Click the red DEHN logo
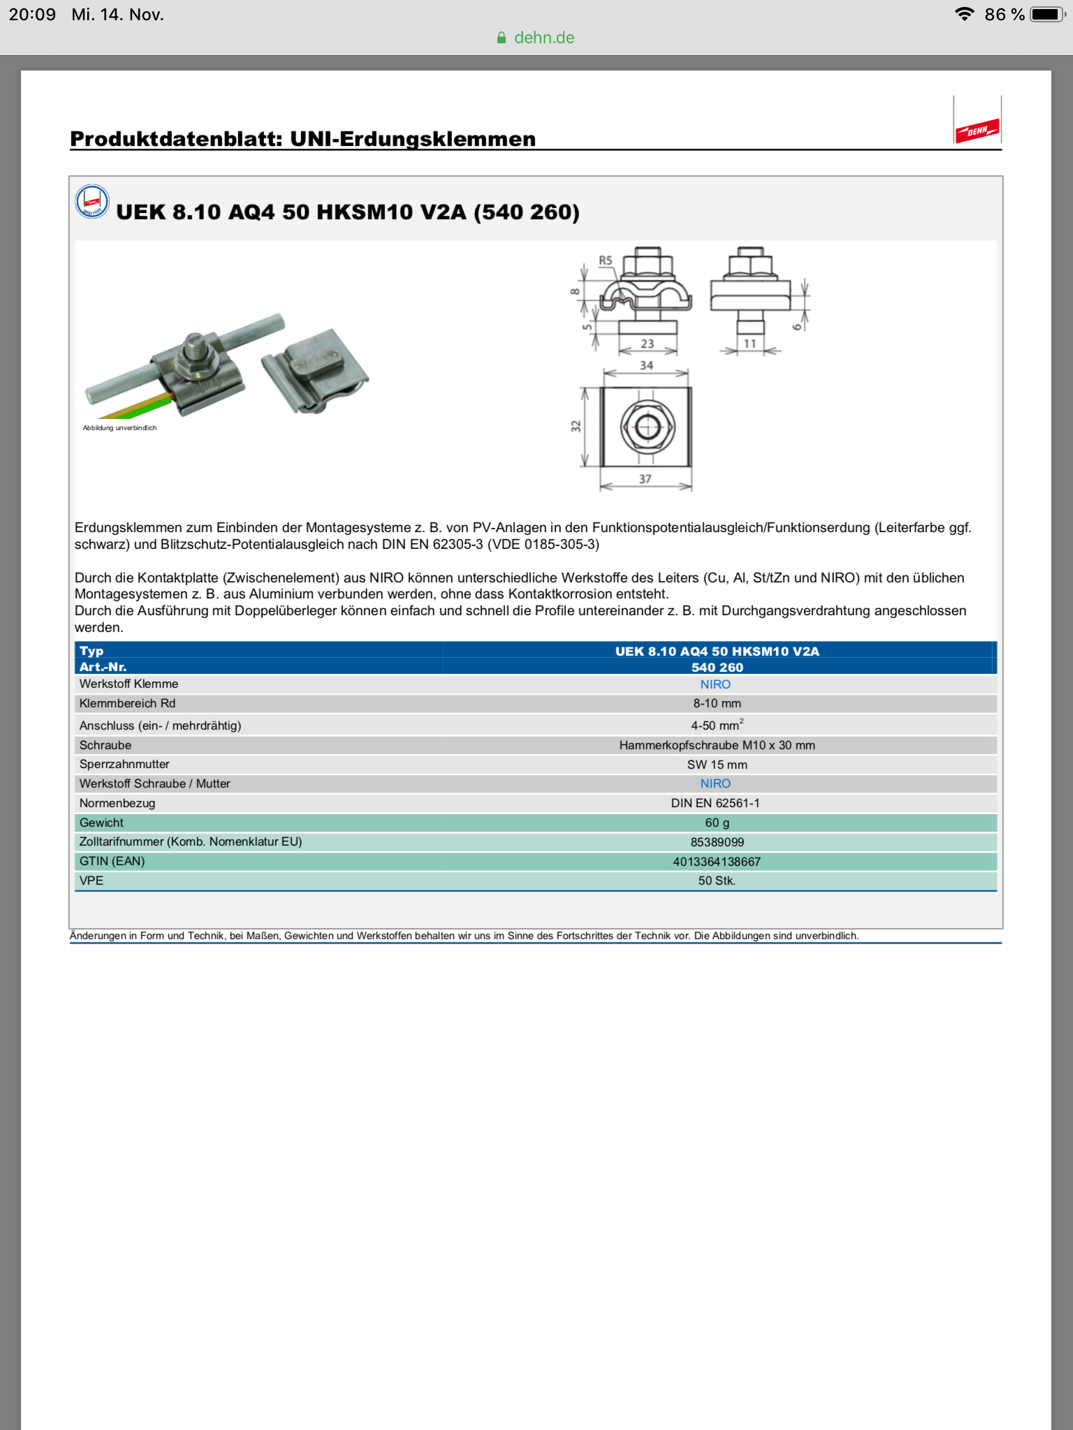coord(977,130)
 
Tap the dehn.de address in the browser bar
coord(543,38)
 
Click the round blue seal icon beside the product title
coord(92,202)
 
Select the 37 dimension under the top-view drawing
coord(645,479)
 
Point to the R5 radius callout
coord(605,260)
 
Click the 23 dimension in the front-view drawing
coord(648,344)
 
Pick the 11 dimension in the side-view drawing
coord(750,344)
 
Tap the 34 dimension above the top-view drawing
coord(647,365)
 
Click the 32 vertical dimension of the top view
coord(576,426)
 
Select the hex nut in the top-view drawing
coord(647,426)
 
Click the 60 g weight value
coord(717,823)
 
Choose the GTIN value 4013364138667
coord(717,862)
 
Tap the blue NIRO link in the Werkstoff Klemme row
coord(715,684)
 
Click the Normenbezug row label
coord(117,803)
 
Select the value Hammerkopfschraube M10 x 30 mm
coord(717,745)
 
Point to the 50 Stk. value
coord(717,880)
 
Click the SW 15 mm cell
coord(717,765)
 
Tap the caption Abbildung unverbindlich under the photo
coord(119,428)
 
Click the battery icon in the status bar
coord(1046,15)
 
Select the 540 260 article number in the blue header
coord(717,668)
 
